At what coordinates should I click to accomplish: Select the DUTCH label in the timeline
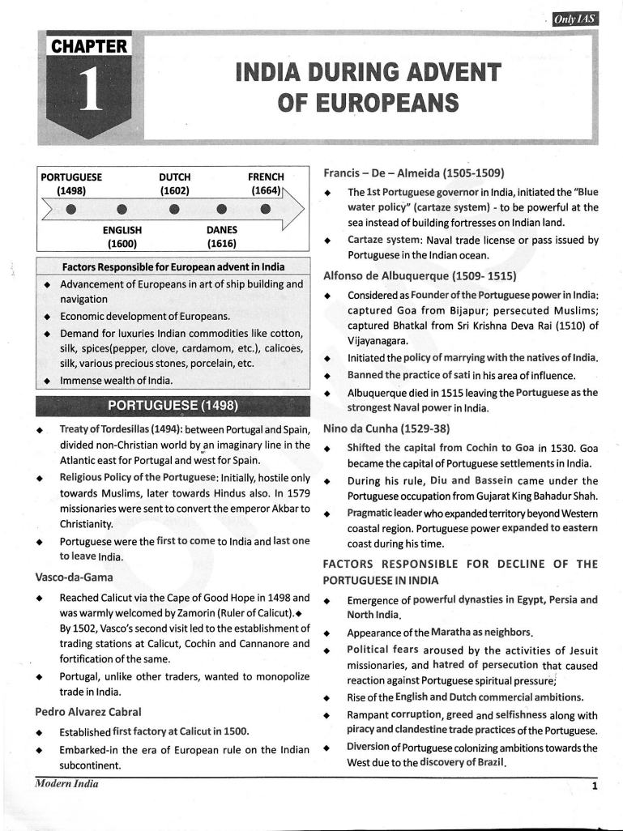click(175, 177)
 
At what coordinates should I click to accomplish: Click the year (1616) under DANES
click(221, 242)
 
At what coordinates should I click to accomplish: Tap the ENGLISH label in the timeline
click(122, 229)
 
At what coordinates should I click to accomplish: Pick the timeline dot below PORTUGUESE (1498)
click(70, 210)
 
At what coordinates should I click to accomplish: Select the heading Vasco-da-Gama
click(74, 577)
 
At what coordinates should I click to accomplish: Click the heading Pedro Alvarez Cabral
click(88, 711)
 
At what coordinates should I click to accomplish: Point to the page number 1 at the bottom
click(594, 785)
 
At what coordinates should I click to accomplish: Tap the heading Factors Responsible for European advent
click(173, 266)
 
